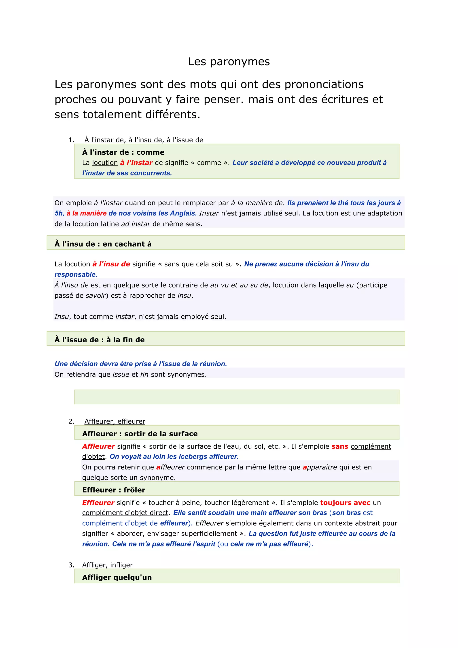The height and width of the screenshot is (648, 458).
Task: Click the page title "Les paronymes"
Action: coord(229,62)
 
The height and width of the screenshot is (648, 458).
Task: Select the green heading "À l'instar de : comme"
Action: coord(123,152)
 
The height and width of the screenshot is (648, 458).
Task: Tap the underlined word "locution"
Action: coord(105,163)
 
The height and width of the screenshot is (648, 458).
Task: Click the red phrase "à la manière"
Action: coord(87,213)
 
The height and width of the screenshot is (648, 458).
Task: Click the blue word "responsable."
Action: coord(76,275)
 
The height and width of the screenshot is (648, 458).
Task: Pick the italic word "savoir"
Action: coord(95,296)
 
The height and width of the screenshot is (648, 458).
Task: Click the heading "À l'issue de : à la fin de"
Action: coord(100,340)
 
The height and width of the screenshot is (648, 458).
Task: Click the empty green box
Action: coord(237,397)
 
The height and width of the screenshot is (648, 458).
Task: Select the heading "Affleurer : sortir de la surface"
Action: coord(140,434)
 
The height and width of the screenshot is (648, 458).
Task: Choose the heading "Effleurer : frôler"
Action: coord(114,490)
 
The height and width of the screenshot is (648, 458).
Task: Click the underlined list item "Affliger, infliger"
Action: coord(107,565)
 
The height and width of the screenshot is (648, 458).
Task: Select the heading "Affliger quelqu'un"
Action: coord(117,578)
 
